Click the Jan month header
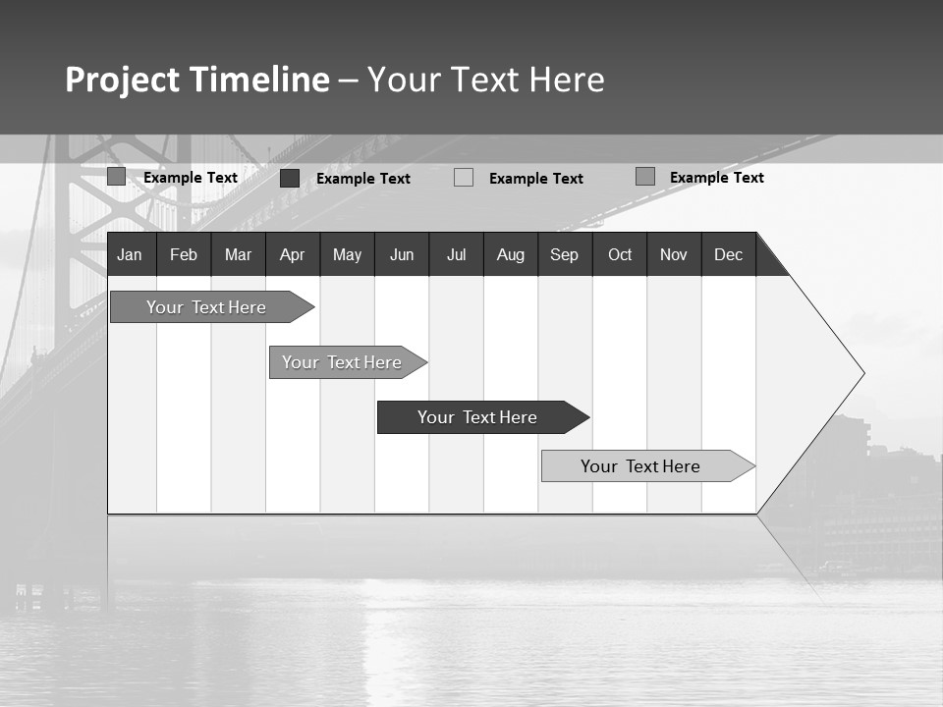pos(130,254)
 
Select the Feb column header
pos(184,254)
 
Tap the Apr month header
pos(293,254)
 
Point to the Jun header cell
pos(402,254)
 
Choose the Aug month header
pos(511,254)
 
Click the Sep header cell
pos(565,254)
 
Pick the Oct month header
pos(620,254)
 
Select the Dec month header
pos(729,254)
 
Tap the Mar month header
pos(238,254)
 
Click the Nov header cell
pos(674,254)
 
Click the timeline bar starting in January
pos(206,307)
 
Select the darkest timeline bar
pos(477,417)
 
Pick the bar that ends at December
pos(640,466)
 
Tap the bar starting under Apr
pos(342,362)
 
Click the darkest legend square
pos(290,178)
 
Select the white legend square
pos(464,178)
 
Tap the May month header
pos(347,254)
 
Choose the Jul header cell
pos(457,254)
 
